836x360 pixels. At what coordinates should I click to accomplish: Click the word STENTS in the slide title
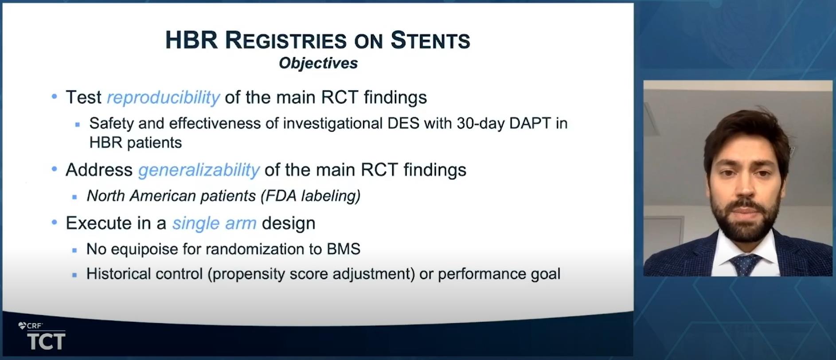pos(430,40)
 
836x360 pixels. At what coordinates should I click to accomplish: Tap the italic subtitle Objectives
pos(318,63)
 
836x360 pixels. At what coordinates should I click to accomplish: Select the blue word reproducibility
pos(163,98)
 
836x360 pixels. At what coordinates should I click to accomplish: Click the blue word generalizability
pos(199,170)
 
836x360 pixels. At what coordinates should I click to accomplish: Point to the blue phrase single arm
pos(214,223)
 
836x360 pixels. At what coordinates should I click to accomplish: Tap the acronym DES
pos(403,123)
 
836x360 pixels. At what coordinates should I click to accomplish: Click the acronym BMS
pos(344,249)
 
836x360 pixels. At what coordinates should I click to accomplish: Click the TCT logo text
pos(46,341)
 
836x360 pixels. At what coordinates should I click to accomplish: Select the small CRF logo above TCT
pos(30,326)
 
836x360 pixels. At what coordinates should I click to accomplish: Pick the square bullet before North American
pos(74,197)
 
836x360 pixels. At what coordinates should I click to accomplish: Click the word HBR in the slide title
pos(191,40)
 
